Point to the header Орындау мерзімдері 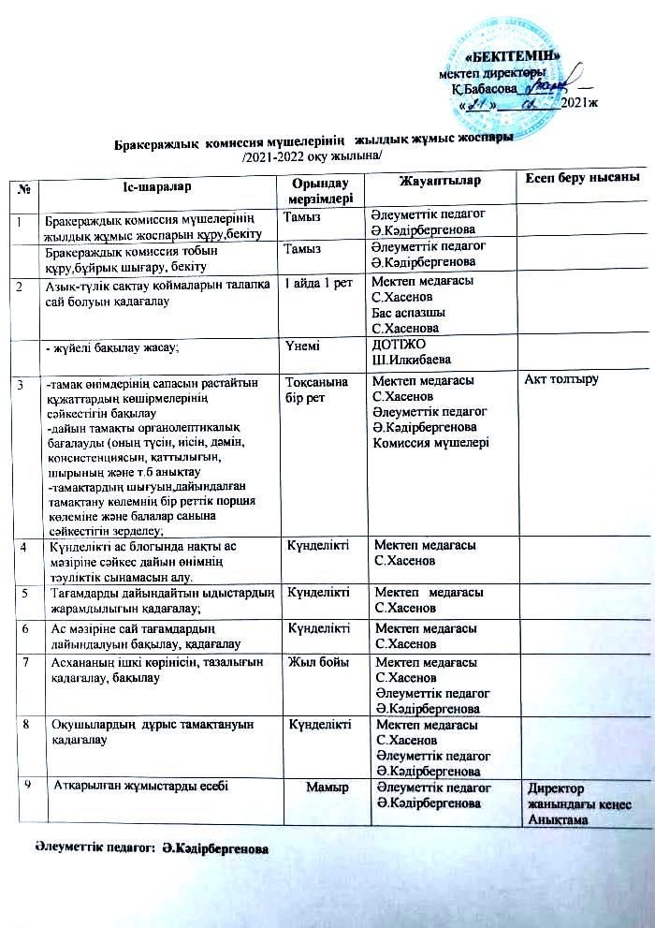[x=316, y=189]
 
